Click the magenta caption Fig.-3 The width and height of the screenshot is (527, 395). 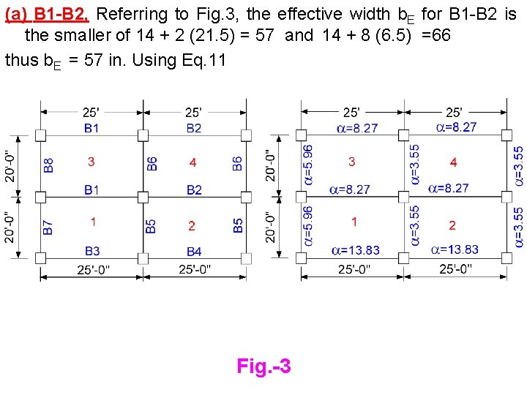[263, 366]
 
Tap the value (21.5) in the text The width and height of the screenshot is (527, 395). [225, 35]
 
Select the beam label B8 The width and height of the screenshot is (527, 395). [49, 165]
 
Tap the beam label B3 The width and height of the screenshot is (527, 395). [91, 251]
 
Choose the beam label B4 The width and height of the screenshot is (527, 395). [193, 252]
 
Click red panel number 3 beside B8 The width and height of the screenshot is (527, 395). [91, 161]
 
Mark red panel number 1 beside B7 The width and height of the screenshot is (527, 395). [94, 221]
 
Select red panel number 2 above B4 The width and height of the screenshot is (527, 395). [192, 225]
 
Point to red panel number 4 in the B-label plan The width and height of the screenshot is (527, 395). [193, 162]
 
